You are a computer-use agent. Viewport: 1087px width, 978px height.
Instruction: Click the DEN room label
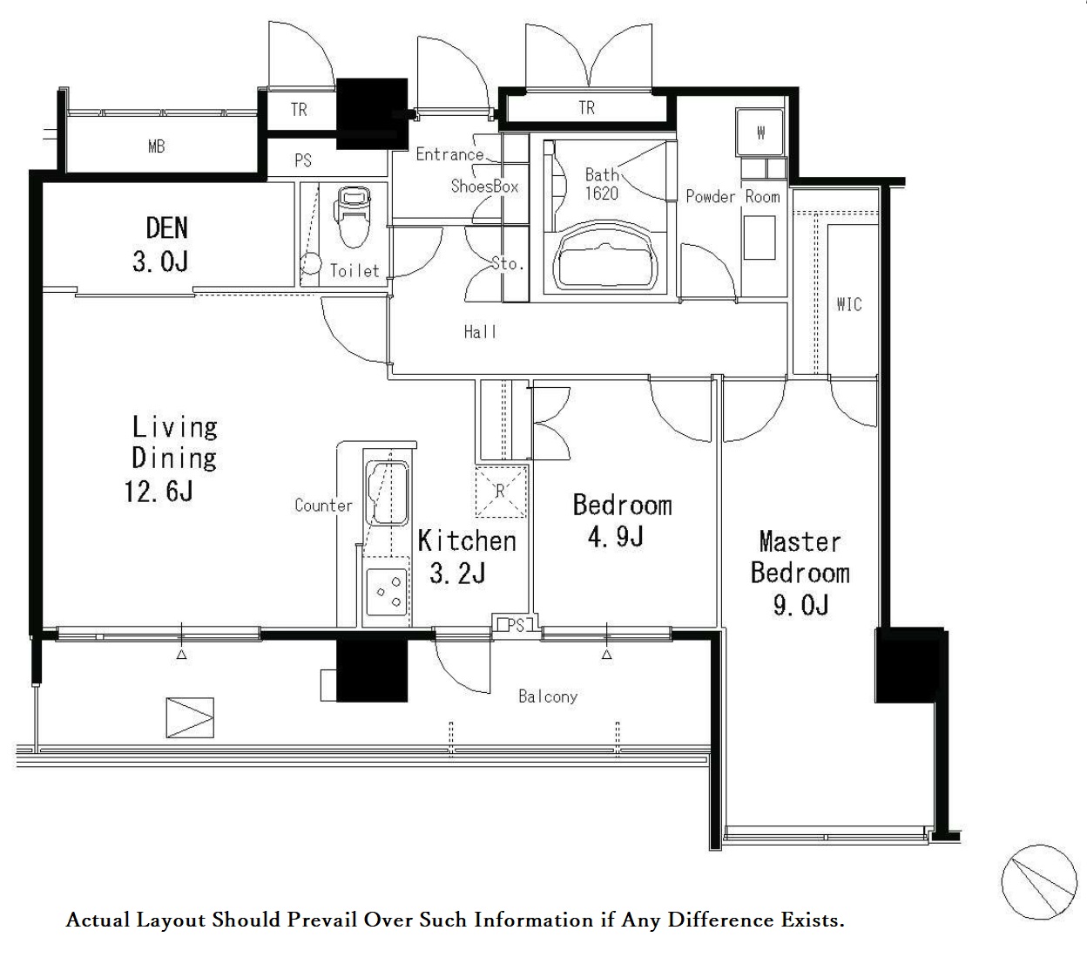167,228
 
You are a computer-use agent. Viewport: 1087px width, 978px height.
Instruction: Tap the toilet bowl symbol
354,217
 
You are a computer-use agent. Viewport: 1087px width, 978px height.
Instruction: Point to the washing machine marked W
760,132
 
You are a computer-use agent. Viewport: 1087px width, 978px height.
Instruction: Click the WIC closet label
849,304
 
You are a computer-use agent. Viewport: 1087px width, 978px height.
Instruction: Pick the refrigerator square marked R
501,492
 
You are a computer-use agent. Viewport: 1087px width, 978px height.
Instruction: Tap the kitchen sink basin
388,493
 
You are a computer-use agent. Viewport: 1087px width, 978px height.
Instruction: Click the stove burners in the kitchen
387,592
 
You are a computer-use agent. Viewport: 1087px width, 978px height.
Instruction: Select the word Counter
323,505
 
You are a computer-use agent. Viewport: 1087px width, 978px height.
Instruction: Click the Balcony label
548,696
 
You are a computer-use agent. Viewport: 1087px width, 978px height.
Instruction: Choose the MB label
157,146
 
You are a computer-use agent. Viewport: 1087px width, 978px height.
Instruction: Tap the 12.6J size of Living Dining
159,492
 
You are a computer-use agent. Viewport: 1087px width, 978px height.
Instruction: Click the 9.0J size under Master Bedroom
801,605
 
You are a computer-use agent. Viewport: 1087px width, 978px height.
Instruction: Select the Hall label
480,331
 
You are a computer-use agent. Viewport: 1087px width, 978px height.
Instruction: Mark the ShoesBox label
484,186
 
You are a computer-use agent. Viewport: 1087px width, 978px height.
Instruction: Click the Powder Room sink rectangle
760,237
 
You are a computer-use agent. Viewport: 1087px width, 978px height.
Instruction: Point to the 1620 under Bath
602,194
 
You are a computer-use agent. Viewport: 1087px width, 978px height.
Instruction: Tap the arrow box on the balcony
190,717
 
